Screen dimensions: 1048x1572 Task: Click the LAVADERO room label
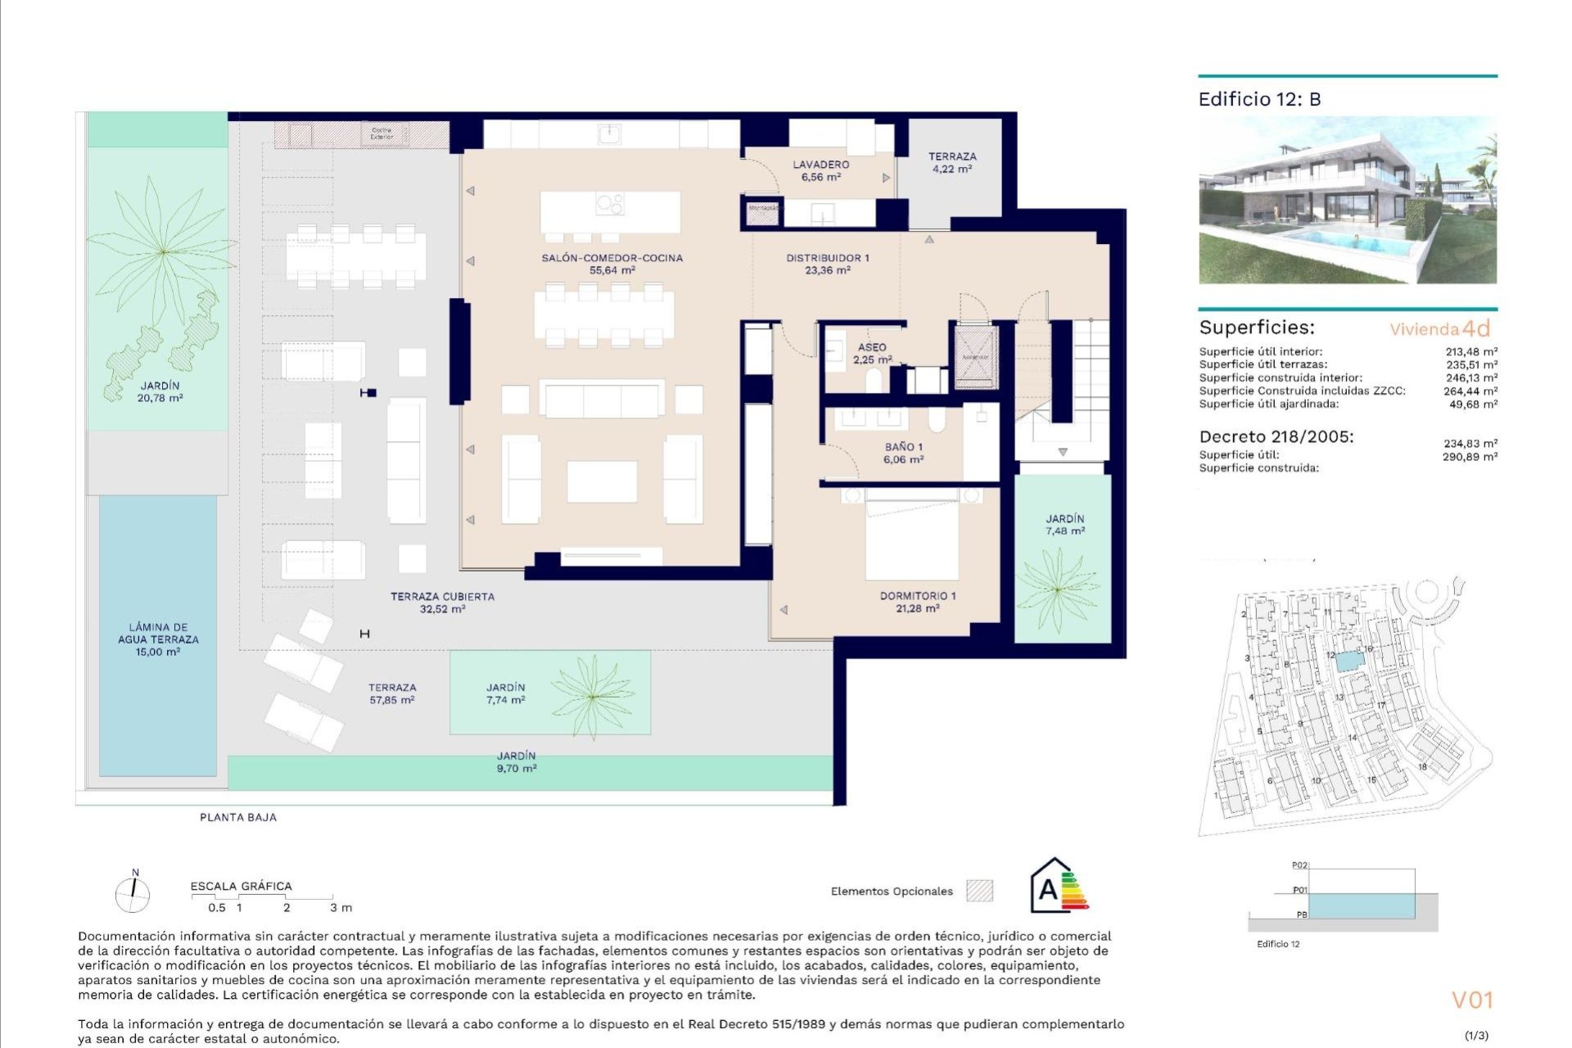click(x=820, y=170)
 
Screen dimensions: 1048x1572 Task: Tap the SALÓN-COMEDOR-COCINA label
click(x=612, y=264)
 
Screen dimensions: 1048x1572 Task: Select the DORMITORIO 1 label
click(x=917, y=602)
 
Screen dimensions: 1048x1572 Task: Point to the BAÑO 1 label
click(x=903, y=453)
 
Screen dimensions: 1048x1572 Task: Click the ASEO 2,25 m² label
click(x=872, y=353)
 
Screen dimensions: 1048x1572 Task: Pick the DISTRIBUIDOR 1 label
click(x=827, y=264)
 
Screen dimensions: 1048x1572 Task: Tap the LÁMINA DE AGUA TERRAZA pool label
click(x=158, y=639)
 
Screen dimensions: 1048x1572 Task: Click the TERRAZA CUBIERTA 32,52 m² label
click(x=442, y=603)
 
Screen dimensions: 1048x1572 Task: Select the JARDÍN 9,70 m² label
click(x=516, y=762)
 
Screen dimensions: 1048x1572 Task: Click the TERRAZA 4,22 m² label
click(x=951, y=162)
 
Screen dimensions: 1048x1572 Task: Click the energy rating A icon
click(x=1059, y=887)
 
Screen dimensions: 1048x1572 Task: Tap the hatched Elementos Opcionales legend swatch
click(x=979, y=891)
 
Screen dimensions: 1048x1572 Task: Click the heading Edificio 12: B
click(x=1259, y=99)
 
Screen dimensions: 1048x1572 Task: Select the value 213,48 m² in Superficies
click(x=1470, y=352)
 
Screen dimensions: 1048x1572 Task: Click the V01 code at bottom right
click(x=1471, y=1000)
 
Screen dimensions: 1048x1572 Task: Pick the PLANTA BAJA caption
click(x=238, y=817)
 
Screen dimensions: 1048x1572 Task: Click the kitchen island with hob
click(x=609, y=212)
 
